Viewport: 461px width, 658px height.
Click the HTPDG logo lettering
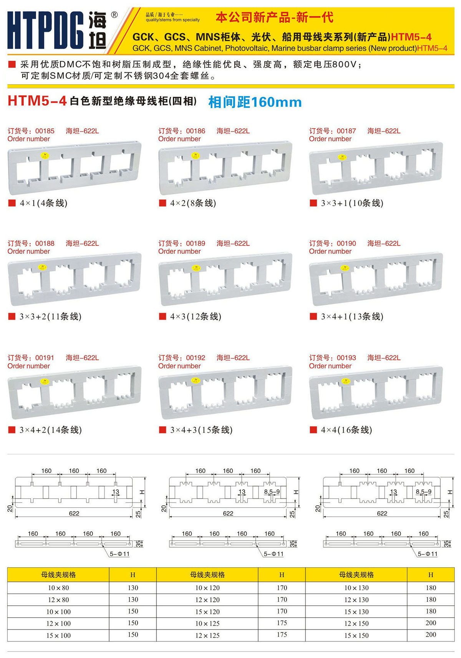point(45,30)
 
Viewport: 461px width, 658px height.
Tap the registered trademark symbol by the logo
point(114,15)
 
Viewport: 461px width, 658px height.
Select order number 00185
point(45,131)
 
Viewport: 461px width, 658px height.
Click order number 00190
point(346,243)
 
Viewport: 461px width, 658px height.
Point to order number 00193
point(346,358)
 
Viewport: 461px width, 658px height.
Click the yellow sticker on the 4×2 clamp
point(195,156)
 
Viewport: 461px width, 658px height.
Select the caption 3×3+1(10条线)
point(352,203)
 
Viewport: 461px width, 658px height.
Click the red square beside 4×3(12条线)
point(162,317)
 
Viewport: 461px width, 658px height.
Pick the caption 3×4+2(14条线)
point(50,430)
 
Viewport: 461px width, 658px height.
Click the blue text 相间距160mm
point(255,102)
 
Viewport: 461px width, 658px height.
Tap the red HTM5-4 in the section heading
point(37,101)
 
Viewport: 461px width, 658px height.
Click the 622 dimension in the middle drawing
point(228,513)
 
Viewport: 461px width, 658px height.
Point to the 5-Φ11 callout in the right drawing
point(428,554)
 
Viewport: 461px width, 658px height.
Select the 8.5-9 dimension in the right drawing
point(423,492)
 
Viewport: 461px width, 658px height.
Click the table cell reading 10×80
point(58,588)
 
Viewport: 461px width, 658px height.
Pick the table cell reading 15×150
point(357,635)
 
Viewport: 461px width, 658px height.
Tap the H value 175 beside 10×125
point(282,623)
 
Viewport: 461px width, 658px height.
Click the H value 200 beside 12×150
point(431,623)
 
